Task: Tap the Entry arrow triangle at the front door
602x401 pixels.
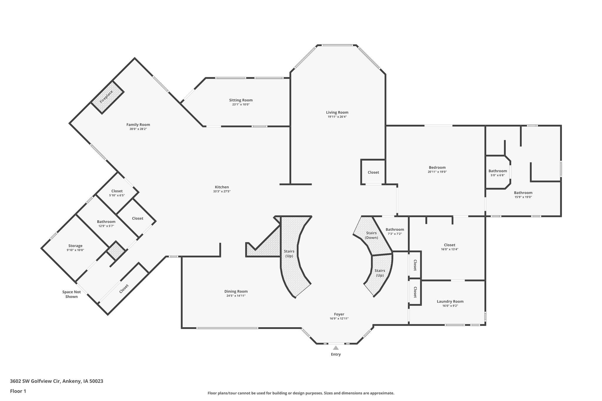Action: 336,348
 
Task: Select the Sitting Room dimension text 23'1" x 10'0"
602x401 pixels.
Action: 241,105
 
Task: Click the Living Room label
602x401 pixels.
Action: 337,112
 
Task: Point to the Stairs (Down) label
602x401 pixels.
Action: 371,235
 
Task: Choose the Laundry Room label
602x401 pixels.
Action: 450,301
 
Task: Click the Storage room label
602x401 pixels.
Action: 75,246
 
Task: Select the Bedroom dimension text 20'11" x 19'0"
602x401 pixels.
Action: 437,172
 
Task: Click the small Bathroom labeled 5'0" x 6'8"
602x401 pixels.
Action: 498,171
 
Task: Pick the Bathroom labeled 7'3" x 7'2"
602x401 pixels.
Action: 395,229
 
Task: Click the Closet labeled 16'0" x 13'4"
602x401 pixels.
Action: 449,245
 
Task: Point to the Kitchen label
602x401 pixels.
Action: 222,187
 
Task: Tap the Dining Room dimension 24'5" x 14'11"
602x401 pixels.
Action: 236,296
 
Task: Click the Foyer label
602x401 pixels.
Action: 339,314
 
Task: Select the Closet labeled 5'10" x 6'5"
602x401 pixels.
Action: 117,191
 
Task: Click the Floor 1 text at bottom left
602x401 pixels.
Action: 18,391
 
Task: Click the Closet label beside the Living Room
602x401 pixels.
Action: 373,172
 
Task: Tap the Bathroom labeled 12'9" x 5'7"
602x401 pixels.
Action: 106,222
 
